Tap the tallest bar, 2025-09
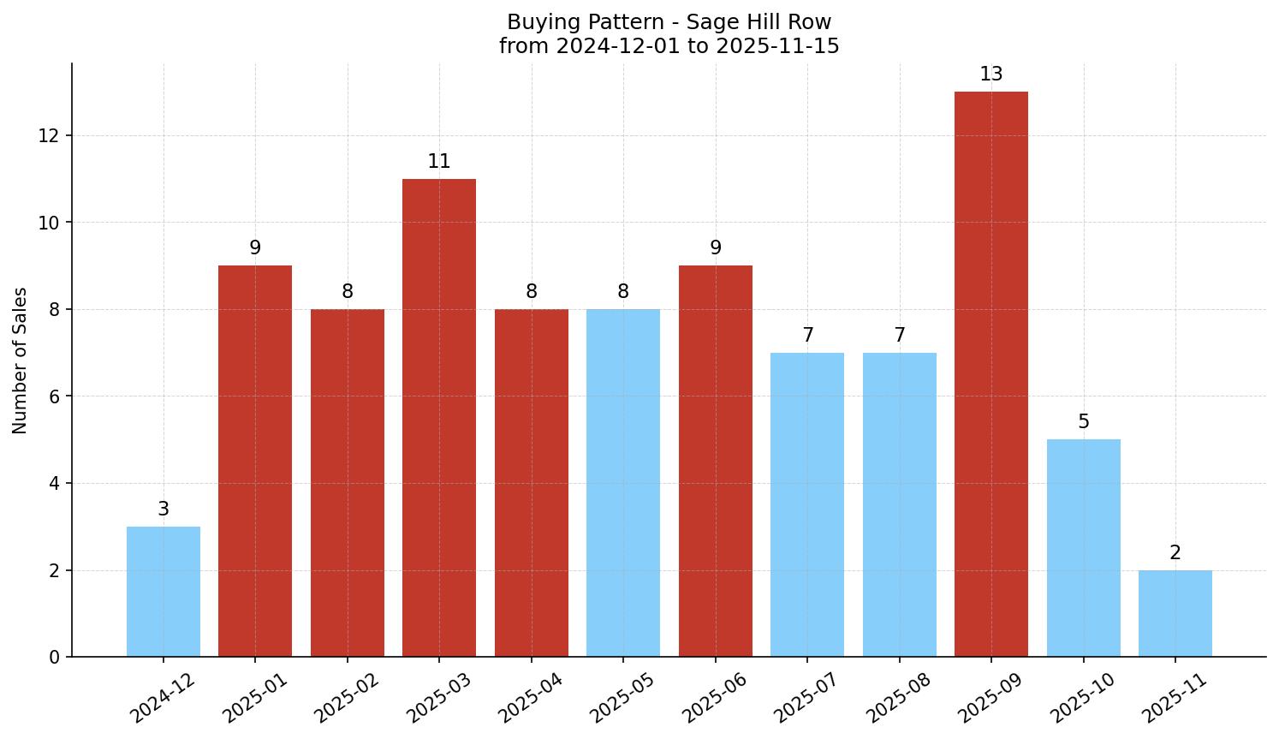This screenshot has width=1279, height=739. pyautogui.click(x=991, y=374)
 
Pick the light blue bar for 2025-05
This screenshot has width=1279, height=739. pyautogui.click(x=623, y=483)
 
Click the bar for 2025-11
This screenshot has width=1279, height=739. pyautogui.click(x=1175, y=613)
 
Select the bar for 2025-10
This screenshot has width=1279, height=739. pyautogui.click(x=1083, y=548)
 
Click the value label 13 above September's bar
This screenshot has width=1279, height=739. pyautogui.click(x=991, y=74)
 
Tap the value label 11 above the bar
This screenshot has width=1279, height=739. pyautogui.click(x=439, y=162)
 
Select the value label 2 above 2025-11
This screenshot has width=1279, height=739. pyautogui.click(x=1175, y=553)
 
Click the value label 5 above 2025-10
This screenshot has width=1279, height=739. pyautogui.click(x=1083, y=422)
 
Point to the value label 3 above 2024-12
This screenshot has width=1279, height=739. pyautogui.click(x=164, y=510)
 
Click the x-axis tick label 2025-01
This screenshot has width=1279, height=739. pyautogui.click(x=254, y=699)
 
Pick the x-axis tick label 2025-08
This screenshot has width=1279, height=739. pyautogui.click(x=898, y=699)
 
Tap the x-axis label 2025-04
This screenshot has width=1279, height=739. pyautogui.click(x=530, y=699)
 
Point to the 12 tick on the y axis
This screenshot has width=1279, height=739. pyautogui.click(x=49, y=136)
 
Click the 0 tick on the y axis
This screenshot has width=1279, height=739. pyautogui.click(x=55, y=657)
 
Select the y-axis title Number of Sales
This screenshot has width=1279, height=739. pyautogui.click(x=21, y=361)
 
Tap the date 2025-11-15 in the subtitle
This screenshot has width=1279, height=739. pyautogui.click(x=777, y=46)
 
